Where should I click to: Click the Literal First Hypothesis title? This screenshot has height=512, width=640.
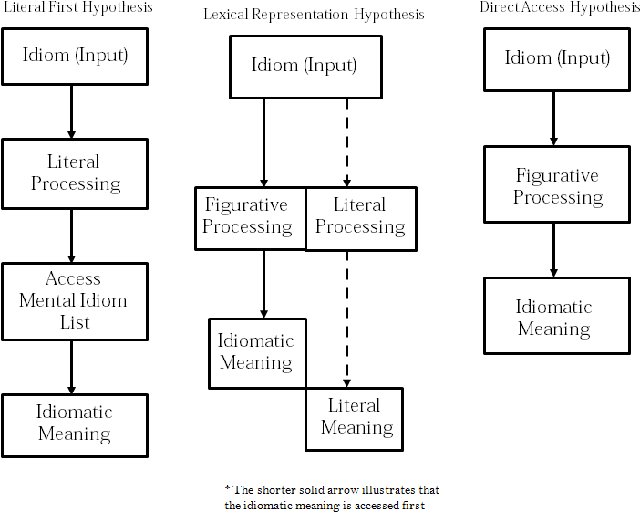click(x=78, y=8)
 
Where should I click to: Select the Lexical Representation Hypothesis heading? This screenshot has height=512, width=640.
click(x=313, y=15)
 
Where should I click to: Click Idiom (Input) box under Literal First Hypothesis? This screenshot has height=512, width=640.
click(x=75, y=56)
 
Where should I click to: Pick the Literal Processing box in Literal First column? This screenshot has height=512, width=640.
click(x=75, y=172)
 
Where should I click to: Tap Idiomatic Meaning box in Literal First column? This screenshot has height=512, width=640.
click(x=74, y=423)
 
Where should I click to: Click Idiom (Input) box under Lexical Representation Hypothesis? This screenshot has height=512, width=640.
click(x=304, y=66)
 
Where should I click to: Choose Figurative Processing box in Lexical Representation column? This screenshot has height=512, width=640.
click(x=247, y=216)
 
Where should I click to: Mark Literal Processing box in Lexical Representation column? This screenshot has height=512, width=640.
click(x=360, y=216)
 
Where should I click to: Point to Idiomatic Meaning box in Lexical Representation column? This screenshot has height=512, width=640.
click(x=256, y=351)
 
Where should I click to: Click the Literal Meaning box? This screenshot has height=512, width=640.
click(x=356, y=417)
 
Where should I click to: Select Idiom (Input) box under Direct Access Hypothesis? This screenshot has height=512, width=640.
click(x=556, y=58)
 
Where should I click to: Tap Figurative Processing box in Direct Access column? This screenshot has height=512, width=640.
click(x=556, y=186)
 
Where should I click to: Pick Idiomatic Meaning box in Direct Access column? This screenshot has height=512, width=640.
click(x=555, y=317)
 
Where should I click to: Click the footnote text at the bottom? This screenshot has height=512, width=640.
click(x=331, y=496)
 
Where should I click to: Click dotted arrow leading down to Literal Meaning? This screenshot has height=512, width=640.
click(x=346, y=319)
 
